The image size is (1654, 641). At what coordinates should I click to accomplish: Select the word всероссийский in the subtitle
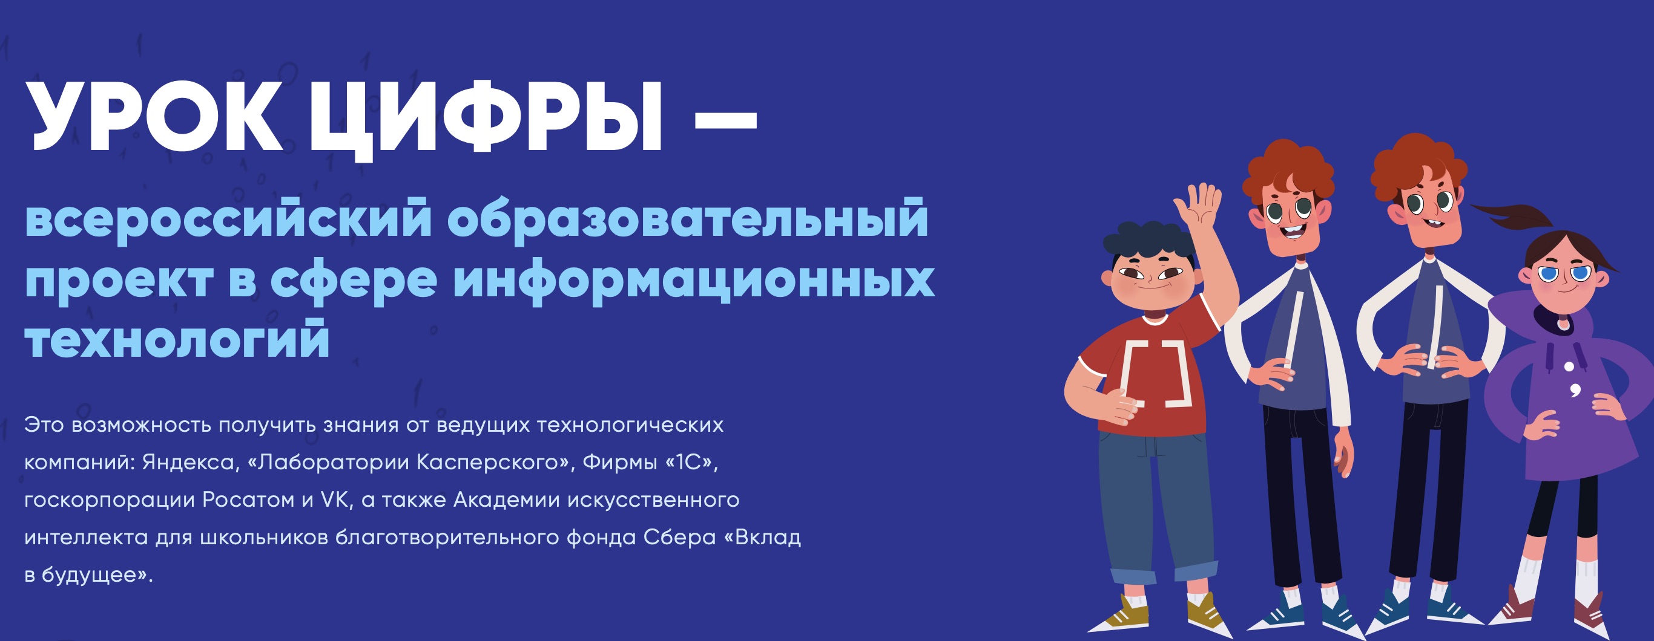coord(228,220)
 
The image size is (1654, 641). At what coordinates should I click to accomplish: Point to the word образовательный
coord(687,220)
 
